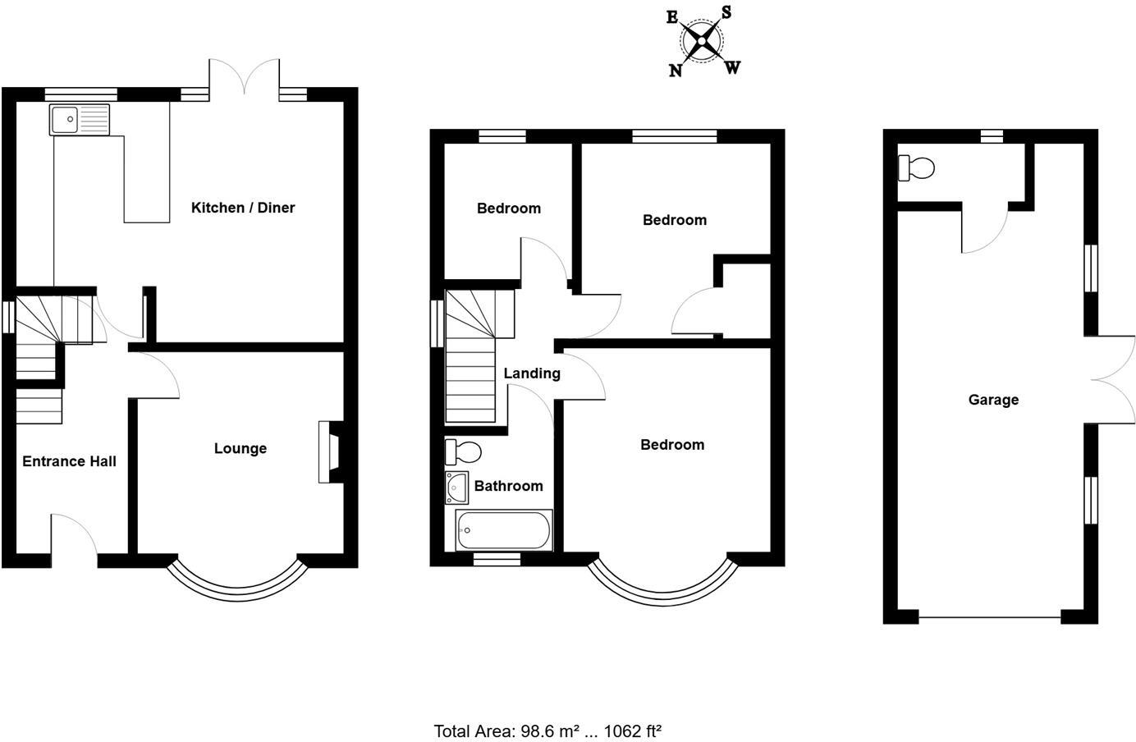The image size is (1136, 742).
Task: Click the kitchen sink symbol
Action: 79,120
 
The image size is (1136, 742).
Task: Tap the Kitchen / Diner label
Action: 243,208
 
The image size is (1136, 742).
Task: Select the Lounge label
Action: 240,448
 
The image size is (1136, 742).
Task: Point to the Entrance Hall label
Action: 69,461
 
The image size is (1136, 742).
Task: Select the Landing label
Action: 532,373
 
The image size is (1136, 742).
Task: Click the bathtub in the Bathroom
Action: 503,530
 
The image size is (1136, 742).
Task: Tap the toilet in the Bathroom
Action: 463,451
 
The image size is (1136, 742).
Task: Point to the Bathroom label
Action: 508,486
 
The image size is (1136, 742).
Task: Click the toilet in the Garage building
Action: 917,168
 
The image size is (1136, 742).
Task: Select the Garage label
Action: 993,400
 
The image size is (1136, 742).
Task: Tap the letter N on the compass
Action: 676,71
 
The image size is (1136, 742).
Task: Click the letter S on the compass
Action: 726,12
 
